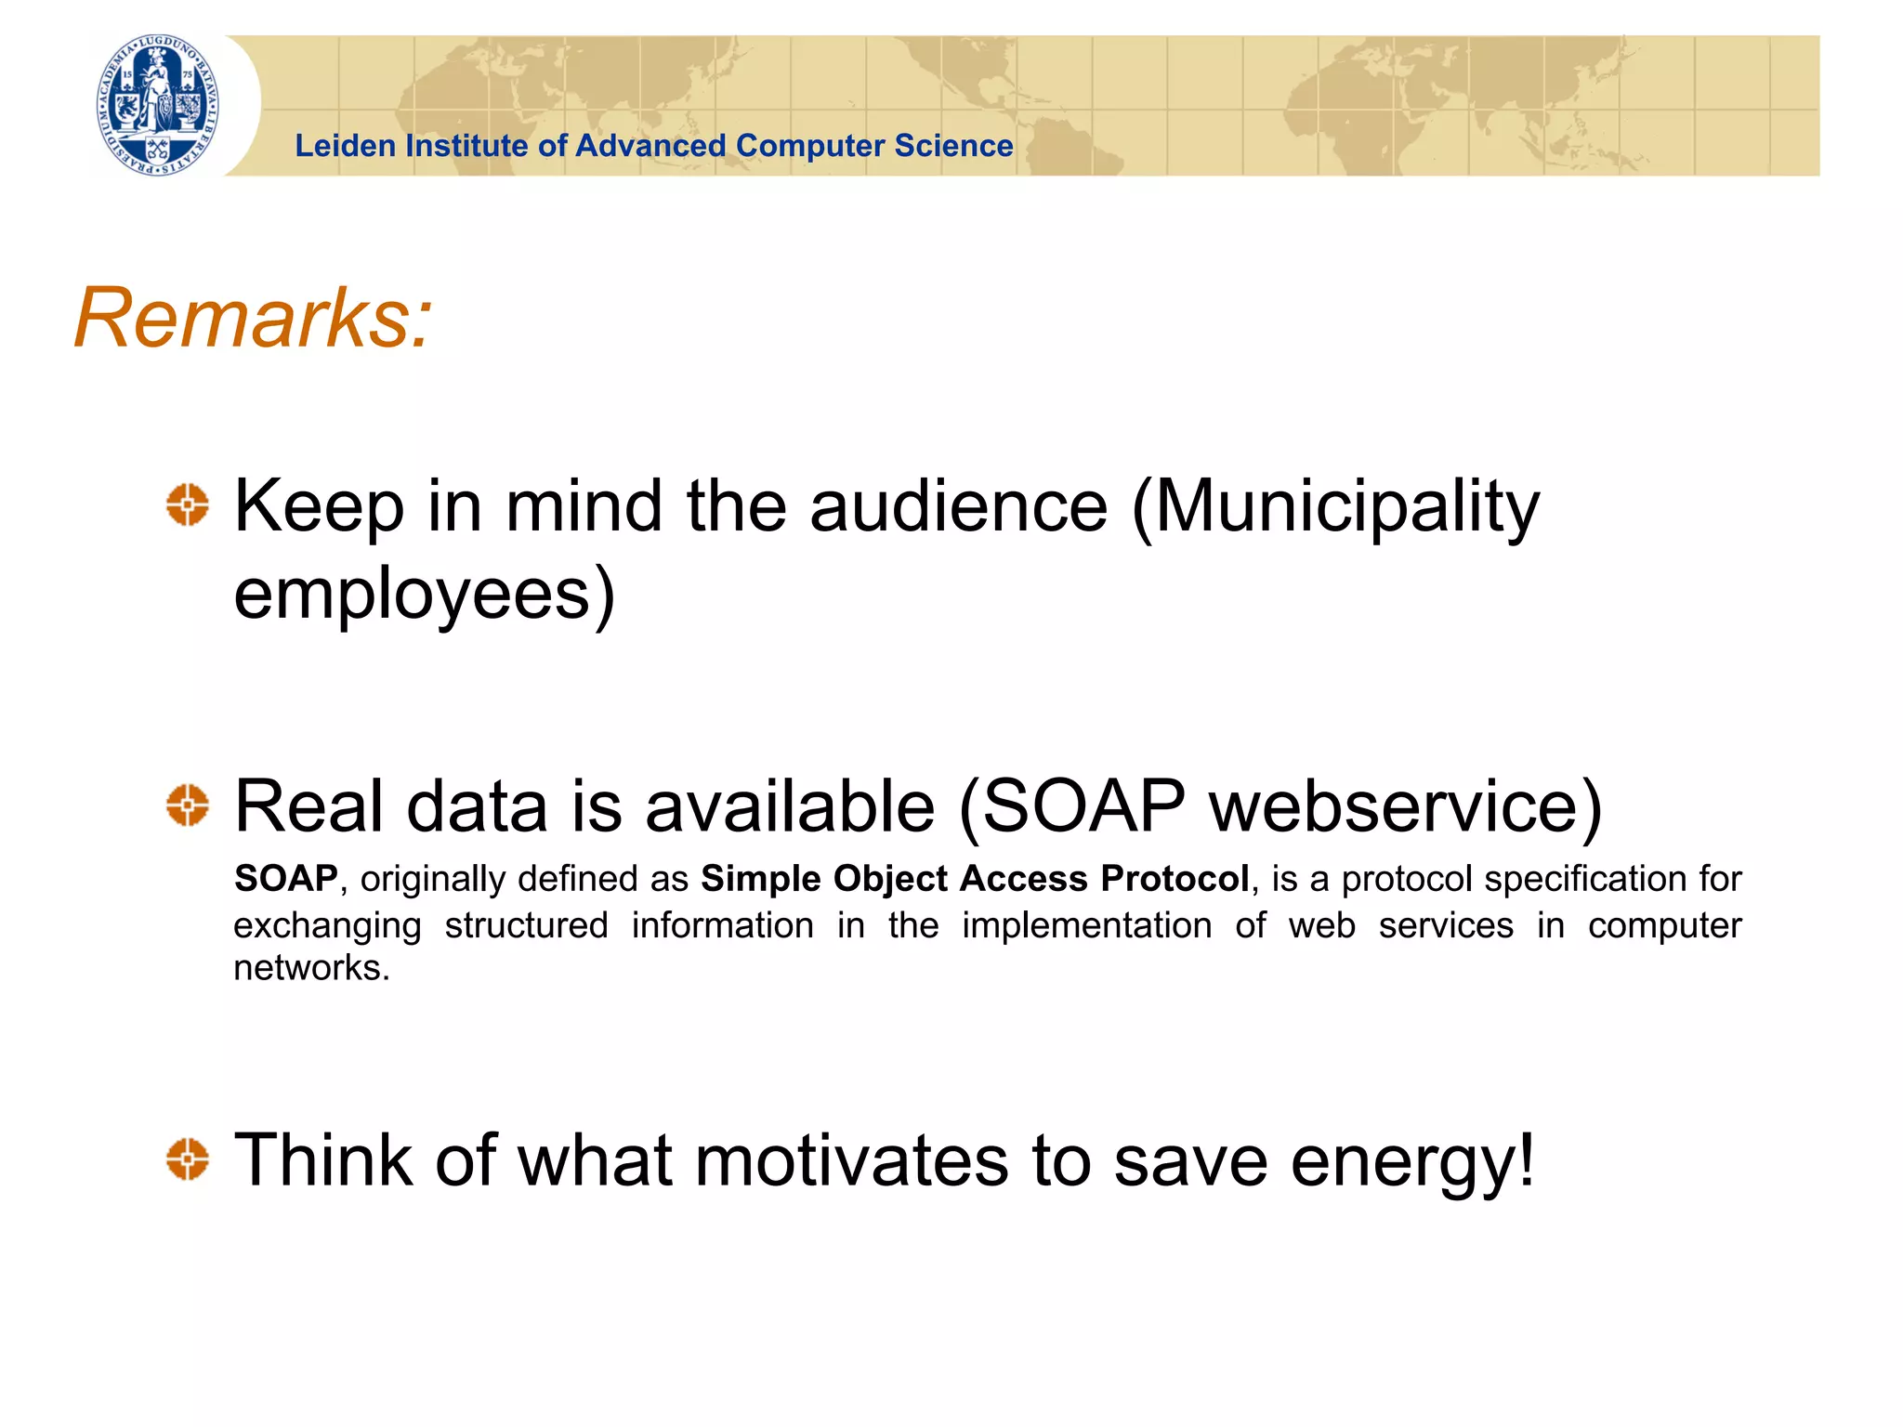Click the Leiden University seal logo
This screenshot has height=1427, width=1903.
(159, 105)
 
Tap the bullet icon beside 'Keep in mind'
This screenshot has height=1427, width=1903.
(188, 505)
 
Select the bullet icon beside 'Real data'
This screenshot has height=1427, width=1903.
(188, 805)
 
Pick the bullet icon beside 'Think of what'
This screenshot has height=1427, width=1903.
(188, 1159)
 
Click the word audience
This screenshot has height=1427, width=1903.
(958, 507)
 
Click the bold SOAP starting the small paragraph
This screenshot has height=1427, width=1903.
(286, 879)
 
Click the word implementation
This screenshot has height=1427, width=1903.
(1086, 926)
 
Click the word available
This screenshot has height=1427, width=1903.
(789, 806)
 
